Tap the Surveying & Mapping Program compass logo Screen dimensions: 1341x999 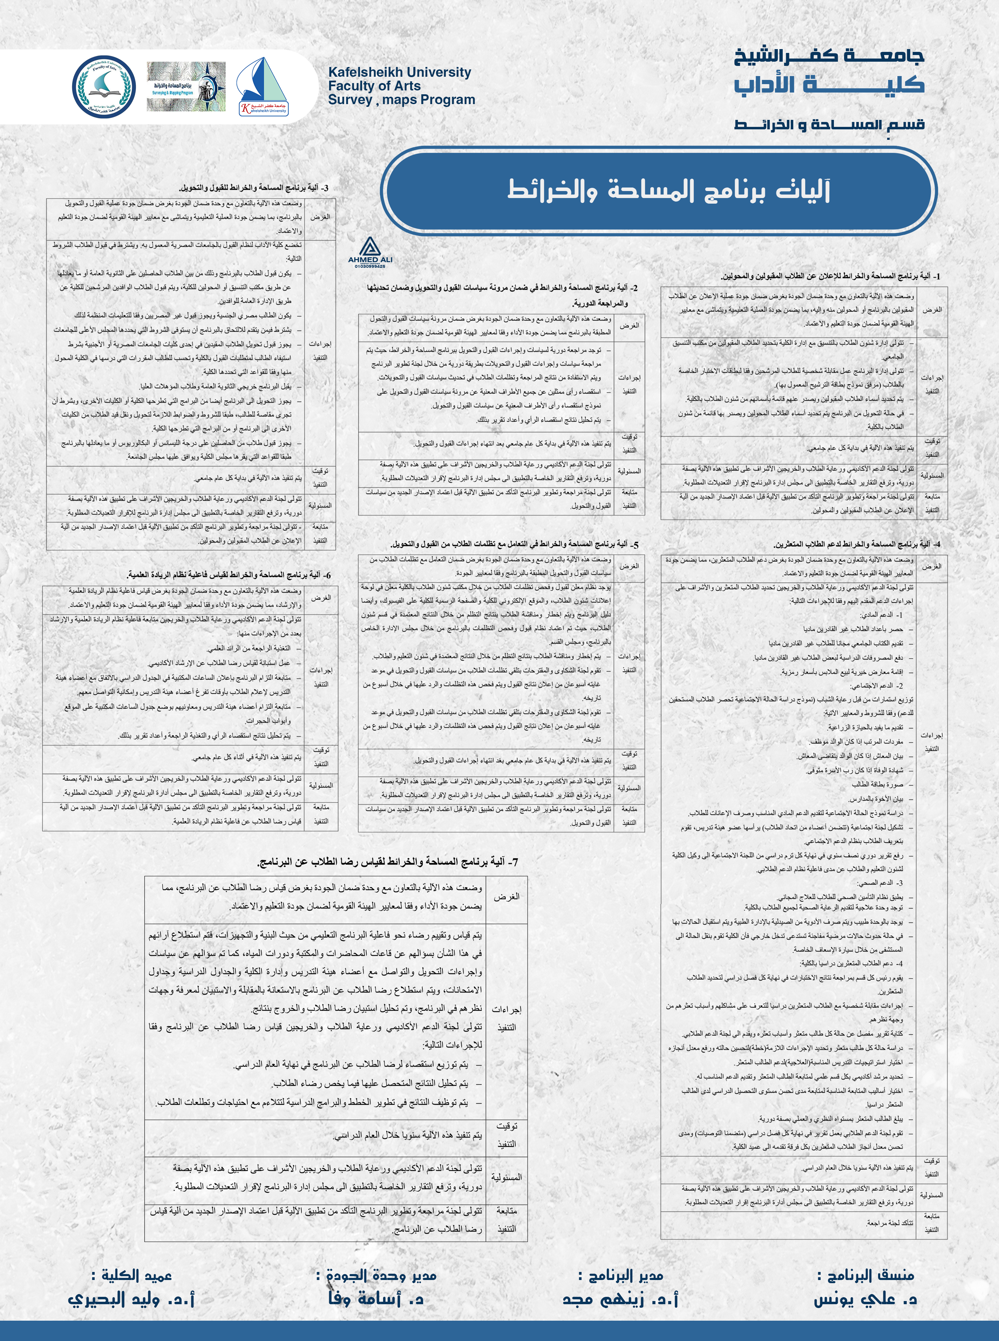186,87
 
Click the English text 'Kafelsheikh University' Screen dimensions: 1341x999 399,72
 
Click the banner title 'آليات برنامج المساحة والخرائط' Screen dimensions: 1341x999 668,190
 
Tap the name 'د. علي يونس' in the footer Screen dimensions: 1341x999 865,1299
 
